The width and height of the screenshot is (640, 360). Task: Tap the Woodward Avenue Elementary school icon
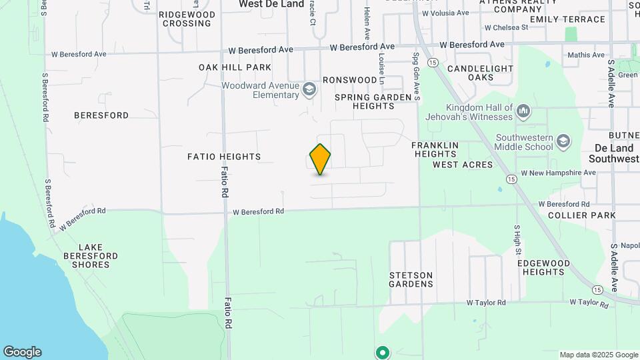pos(309,89)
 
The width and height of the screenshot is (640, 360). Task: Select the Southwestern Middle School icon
pos(564,141)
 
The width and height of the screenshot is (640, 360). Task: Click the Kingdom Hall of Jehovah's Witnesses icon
pos(523,109)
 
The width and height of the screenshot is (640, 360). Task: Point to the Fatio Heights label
pos(224,157)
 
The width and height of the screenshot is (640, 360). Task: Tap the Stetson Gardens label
pos(411,279)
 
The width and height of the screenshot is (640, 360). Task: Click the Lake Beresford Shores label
pos(91,256)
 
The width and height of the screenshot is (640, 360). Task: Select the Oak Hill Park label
pos(235,67)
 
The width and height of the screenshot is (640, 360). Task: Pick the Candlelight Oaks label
pos(480,73)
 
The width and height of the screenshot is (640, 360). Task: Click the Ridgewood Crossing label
pos(187,19)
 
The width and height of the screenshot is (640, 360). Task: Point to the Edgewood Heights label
pos(544,267)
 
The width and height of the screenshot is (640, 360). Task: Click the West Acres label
pos(463,165)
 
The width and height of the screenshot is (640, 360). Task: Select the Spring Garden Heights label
pos(374,101)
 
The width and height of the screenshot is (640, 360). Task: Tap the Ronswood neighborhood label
pos(350,80)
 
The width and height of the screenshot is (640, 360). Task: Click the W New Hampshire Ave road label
pos(559,173)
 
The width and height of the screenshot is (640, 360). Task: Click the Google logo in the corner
pos(22,352)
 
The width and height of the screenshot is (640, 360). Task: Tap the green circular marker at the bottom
pos(382,352)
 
